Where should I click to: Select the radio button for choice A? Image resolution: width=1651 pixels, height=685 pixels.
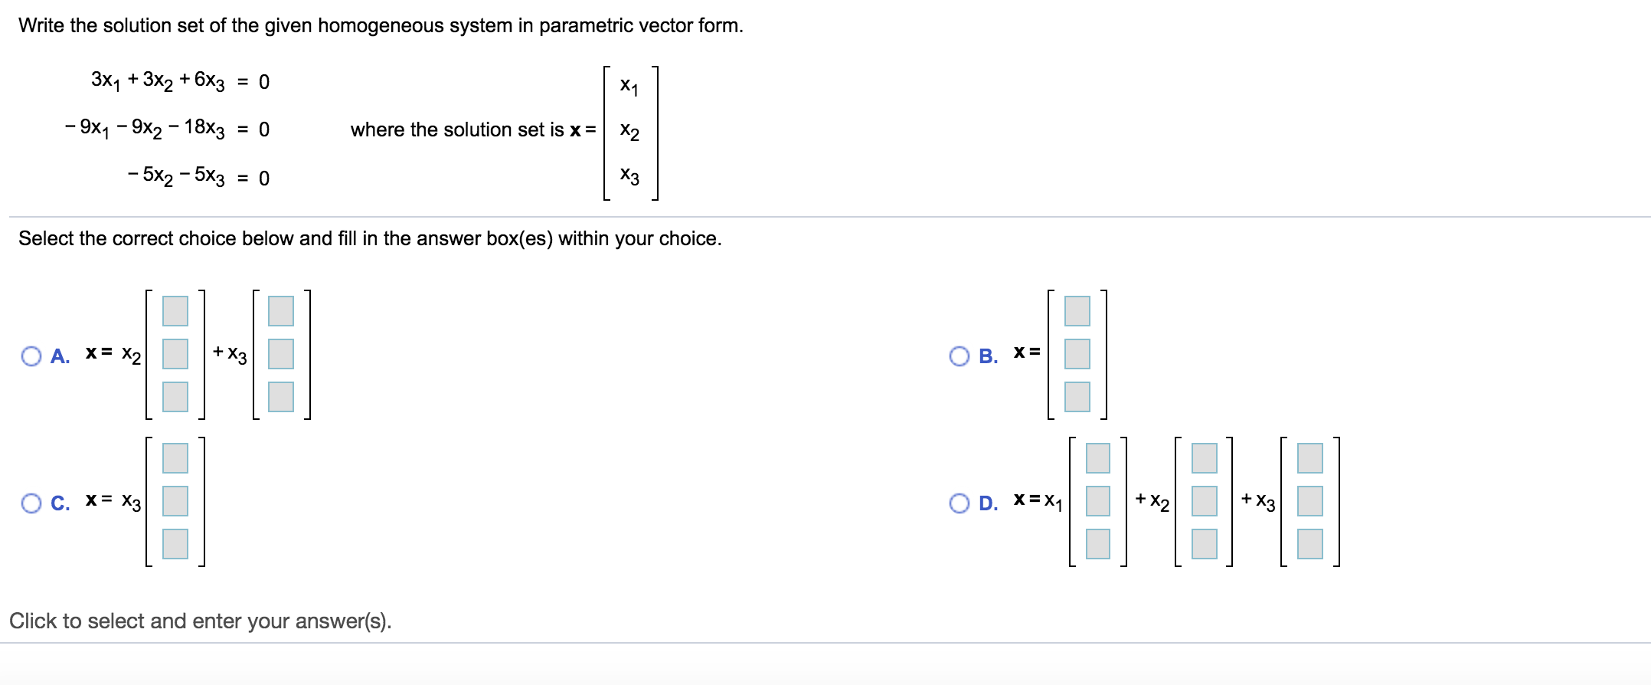click(x=31, y=356)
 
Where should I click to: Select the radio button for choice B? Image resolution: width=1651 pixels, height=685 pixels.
click(x=959, y=356)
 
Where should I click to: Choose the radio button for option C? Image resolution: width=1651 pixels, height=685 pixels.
click(x=31, y=503)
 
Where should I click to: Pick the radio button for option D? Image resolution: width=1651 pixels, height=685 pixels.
click(x=959, y=503)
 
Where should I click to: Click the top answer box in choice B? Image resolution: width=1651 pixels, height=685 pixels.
click(x=1077, y=311)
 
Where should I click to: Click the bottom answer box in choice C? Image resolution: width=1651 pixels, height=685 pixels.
click(x=175, y=544)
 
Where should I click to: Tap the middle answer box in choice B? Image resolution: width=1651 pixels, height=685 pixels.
click(x=1077, y=354)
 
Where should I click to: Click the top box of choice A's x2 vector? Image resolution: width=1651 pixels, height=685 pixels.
click(x=175, y=311)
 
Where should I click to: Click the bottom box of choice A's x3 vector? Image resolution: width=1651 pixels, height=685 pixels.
click(x=281, y=397)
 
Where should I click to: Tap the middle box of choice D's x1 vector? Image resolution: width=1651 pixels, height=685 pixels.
click(x=1098, y=501)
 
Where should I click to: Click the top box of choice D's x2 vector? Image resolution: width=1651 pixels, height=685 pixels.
click(x=1204, y=458)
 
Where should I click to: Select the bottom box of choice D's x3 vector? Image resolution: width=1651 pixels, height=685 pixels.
click(x=1309, y=544)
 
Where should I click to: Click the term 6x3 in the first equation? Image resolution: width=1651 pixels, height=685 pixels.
click(x=209, y=80)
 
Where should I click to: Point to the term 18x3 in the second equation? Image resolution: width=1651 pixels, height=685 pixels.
click(x=204, y=128)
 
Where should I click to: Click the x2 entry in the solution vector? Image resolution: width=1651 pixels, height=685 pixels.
click(x=629, y=131)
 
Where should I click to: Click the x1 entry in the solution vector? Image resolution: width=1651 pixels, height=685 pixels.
click(x=629, y=86)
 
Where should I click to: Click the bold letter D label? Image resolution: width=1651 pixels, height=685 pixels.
click(x=988, y=503)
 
